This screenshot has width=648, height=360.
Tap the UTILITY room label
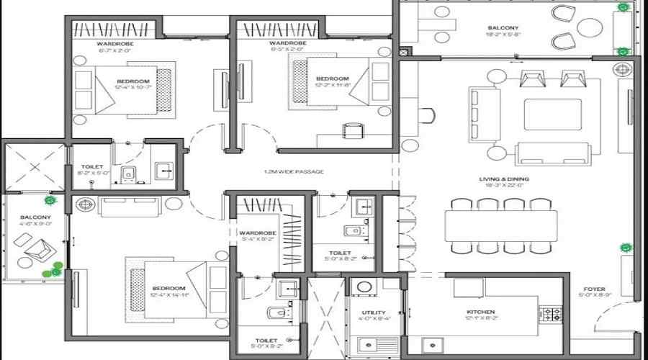pos(374,312)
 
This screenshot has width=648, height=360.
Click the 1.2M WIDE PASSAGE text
pos(294,171)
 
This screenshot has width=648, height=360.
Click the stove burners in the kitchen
pos(551,314)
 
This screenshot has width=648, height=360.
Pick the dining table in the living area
pos(501,225)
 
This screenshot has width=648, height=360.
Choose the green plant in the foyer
pos(626,248)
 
